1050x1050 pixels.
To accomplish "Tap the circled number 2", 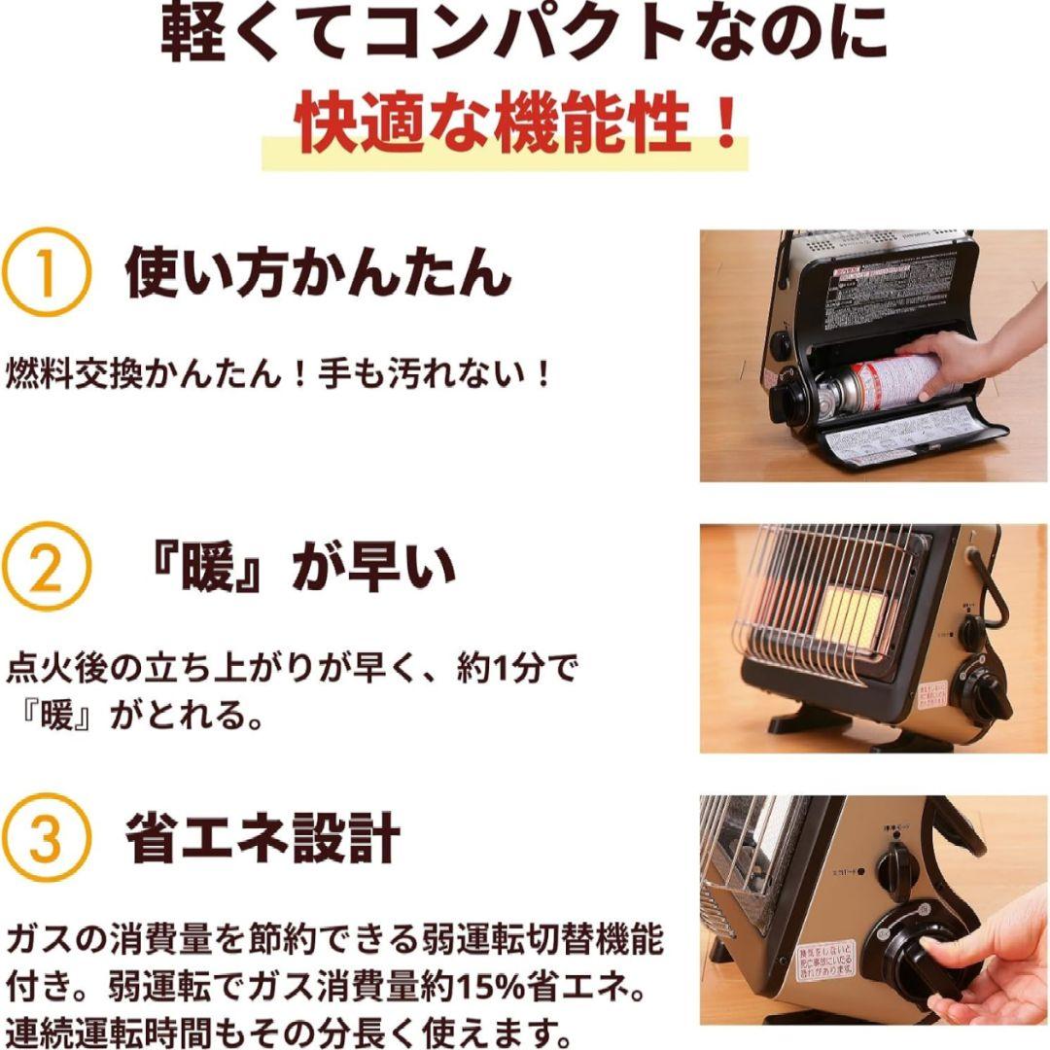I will click(46, 570).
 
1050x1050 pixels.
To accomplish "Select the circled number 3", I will click(46, 839).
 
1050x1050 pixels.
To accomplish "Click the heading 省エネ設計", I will click(262, 838).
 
